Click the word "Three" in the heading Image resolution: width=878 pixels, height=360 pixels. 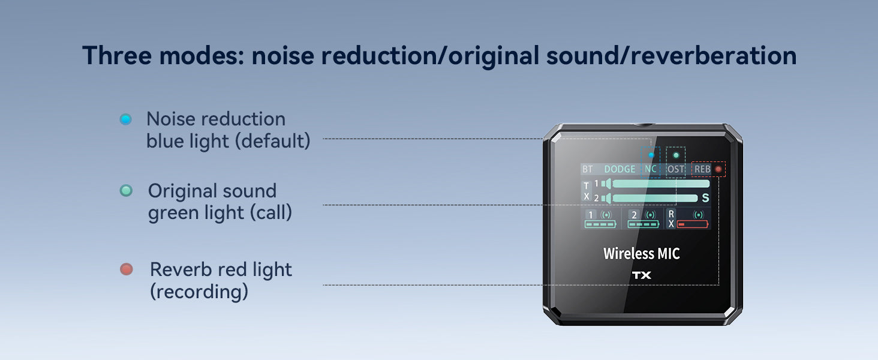click(119, 56)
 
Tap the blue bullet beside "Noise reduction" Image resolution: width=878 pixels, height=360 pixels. click(125, 119)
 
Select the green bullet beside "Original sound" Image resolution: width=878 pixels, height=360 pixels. click(126, 191)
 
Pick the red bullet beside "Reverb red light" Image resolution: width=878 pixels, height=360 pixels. click(126, 269)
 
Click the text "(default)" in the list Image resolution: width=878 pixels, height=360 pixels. click(273, 142)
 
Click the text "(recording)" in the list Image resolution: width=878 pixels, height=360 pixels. click(199, 292)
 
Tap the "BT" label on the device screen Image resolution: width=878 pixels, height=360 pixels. click(587, 169)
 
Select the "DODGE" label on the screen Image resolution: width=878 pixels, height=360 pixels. click(620, 169)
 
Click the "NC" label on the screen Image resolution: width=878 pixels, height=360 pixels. click(651, 169)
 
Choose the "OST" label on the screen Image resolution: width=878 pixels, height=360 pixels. click(676, 169)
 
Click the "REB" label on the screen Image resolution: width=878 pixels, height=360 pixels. click(702, 169)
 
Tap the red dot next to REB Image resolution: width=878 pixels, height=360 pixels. click(718, 169)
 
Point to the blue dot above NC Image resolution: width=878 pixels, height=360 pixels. click(651, 155)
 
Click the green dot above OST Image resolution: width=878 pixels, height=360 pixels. click(676, 155)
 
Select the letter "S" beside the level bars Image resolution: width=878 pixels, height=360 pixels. click(705, 198)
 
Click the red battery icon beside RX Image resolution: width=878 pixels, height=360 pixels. click(693, 224)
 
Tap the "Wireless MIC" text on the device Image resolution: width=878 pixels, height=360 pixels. click(642, 253)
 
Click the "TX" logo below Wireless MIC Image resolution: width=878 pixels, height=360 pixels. click(641, 275)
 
